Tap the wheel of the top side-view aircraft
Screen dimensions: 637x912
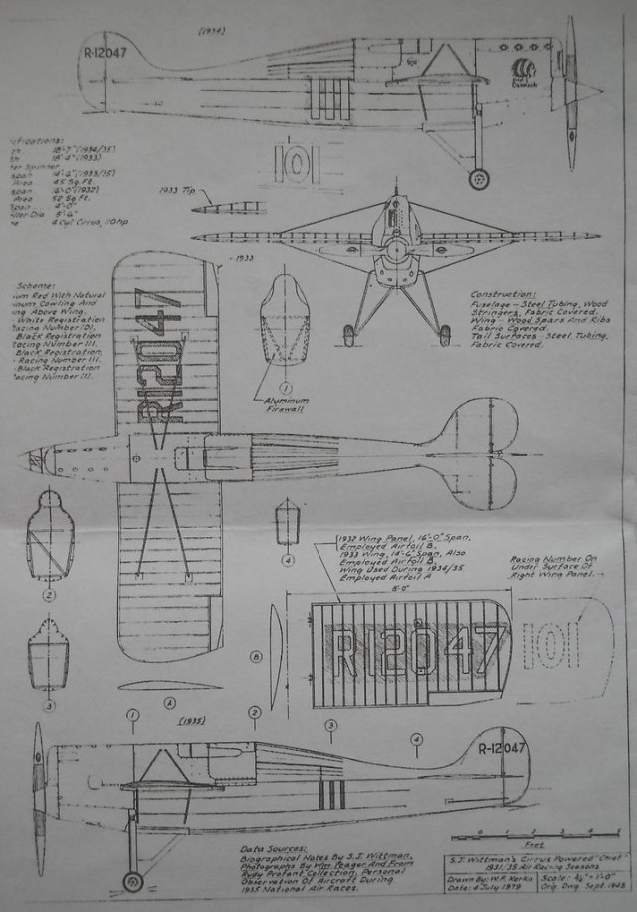(x=479, y=179)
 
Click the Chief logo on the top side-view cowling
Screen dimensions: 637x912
(x=523, y=71)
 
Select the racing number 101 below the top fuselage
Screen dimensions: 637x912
(x=295, y=163)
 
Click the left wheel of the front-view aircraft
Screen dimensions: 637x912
(x=349, y=336)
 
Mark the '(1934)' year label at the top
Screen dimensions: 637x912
(x=211, y=30)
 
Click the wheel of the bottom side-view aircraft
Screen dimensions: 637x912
(x=132, y=881)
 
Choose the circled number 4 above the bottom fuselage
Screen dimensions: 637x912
(x=416, y=738)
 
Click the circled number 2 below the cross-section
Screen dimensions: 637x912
(x=49, y=595)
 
